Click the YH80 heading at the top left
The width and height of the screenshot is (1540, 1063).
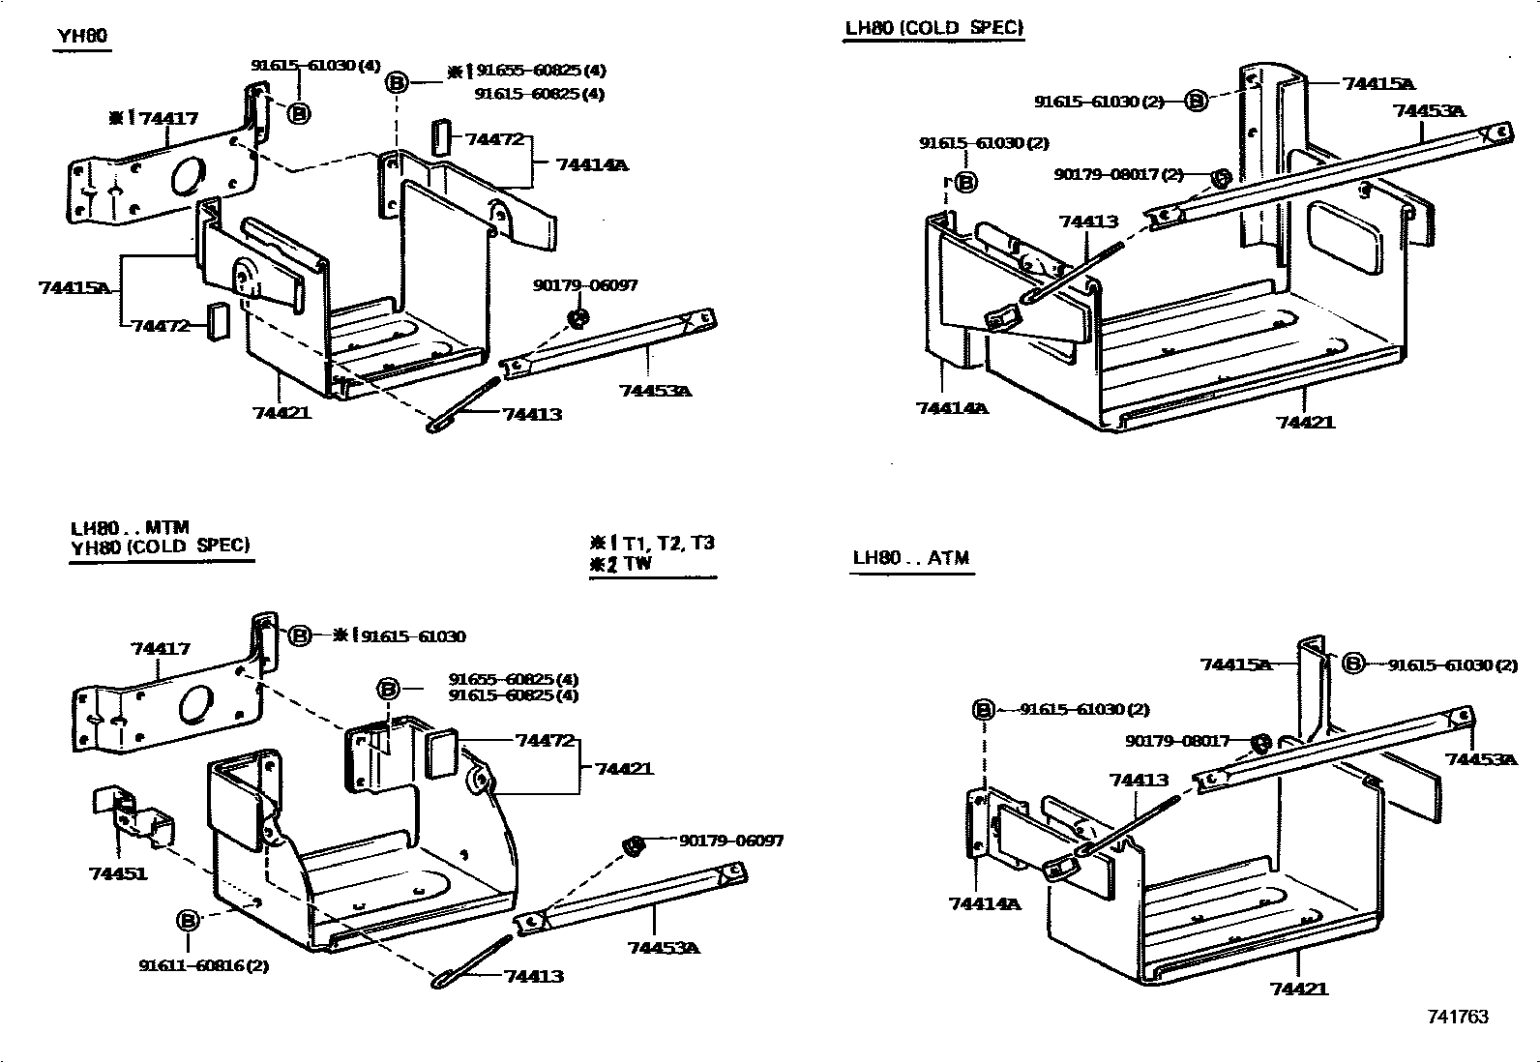(82, 37)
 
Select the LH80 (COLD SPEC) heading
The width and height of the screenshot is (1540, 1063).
(933, 28)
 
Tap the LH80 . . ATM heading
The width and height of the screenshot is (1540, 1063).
(910, 558)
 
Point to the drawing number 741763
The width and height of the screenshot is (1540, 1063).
(1457, 1017)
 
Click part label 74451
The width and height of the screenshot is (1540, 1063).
(118, 873)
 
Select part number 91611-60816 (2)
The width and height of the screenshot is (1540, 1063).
(203, 965)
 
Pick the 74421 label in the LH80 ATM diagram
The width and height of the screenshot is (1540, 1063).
(1299, 989)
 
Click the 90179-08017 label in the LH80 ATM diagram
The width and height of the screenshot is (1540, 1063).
(1177, 741)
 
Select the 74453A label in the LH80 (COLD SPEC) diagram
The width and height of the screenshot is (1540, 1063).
(1429, 110)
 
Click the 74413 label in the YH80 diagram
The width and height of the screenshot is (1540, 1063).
(532, 414)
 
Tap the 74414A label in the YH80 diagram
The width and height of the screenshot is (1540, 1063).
(591, 164)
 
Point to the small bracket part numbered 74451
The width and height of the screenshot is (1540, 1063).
(133, 812)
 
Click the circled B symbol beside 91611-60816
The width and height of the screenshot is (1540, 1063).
(188, 920)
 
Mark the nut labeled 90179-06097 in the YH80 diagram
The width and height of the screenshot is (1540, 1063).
(577, 318)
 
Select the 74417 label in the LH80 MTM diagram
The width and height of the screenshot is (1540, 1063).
(161, 648)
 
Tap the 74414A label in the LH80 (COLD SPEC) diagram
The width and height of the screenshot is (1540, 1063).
(952, 408)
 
